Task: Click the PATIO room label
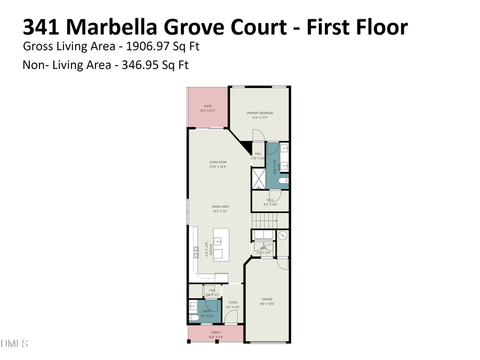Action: [x=208, y=106]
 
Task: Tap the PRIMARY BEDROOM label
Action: [x=260, y=113]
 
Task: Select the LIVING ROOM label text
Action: [x=218, y=162]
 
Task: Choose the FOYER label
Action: [x=233, y=302]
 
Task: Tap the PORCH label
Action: [x=215, y=332]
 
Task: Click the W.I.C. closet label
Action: [x=270, y=200]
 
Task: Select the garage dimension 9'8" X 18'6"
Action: [x=267, y=304]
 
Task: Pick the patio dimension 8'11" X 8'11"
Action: [x=208, y=111]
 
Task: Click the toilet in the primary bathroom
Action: [x=283, y=181]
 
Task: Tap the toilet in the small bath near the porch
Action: [x=194, y=317]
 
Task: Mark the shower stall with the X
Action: [x=258, y=178]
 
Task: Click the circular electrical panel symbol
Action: [x=283, y=235]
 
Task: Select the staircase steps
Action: [x=265, y=220]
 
